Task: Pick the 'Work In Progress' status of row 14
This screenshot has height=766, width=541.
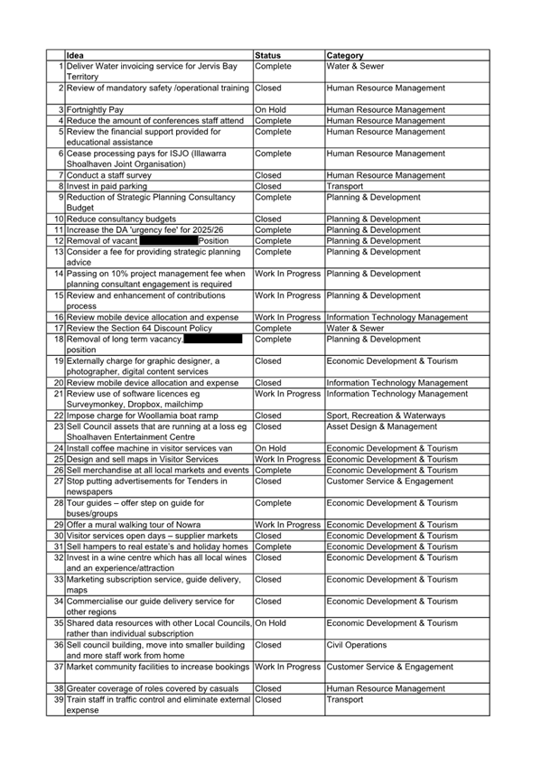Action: click(x=287, y=274)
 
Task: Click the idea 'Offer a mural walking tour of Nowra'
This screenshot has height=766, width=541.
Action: click(x=134, y=525)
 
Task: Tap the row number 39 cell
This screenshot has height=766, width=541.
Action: click(x=57, y=700)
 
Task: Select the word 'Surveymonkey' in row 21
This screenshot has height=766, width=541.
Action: click(x=96, y=405)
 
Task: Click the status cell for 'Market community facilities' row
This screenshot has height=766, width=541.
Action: click(x=287, y=667)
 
